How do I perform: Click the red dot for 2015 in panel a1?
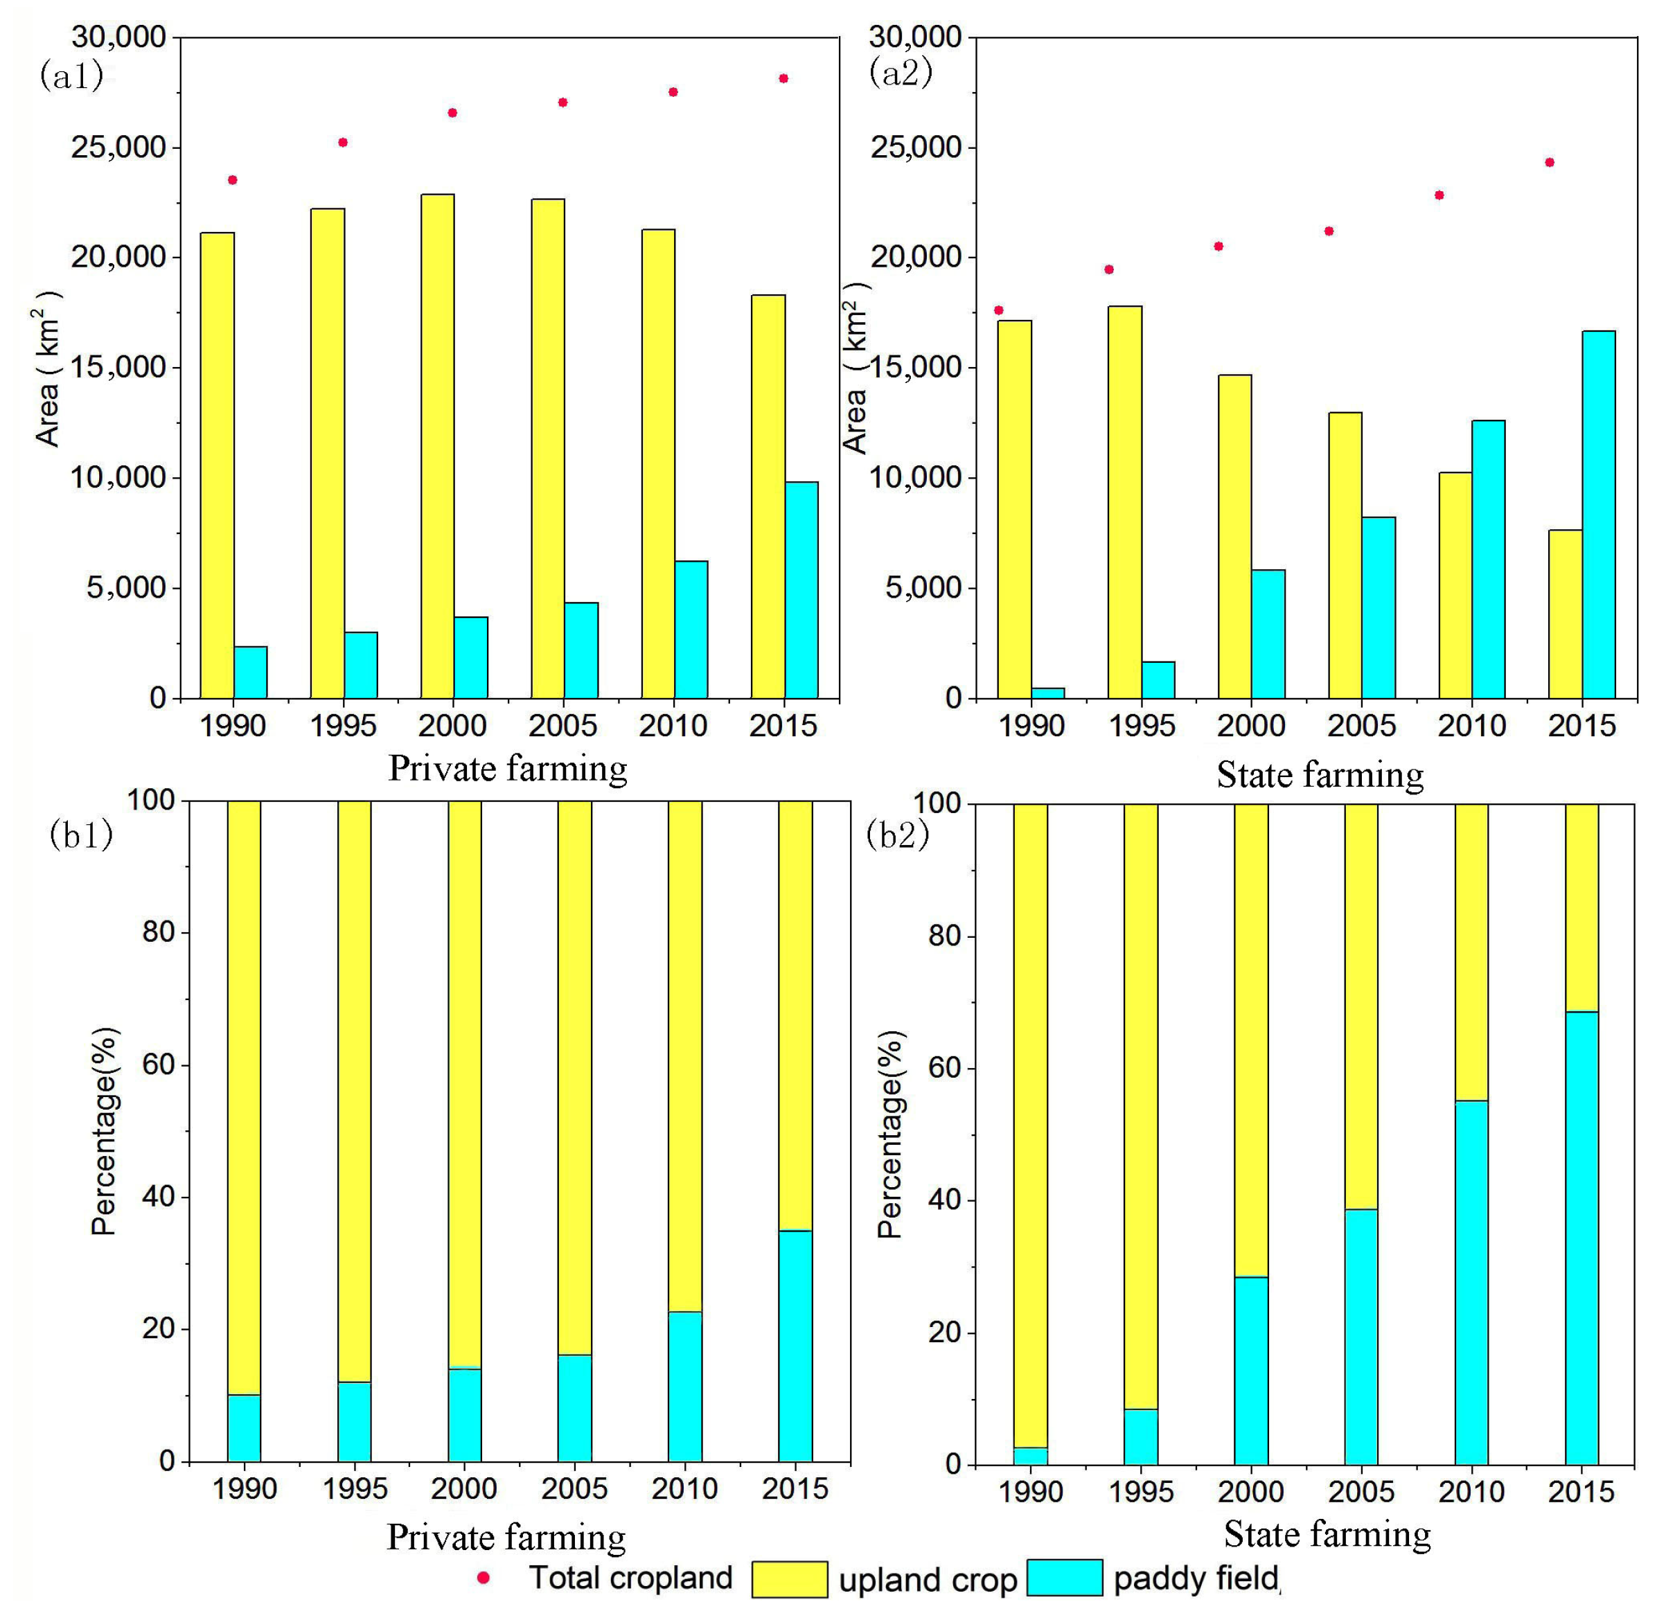click(783, 79)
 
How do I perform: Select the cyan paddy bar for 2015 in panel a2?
click(1598, 514)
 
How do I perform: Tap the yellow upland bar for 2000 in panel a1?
click(437, 446)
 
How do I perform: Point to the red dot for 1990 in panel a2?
click(999, 310)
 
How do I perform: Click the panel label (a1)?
click(71, 76)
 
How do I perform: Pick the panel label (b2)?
click(898, 835)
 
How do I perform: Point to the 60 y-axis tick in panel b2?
click(944, 1068)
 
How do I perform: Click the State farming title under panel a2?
click(1320, 775)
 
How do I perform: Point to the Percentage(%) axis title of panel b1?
click(104, 1130)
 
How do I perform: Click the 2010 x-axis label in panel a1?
click(673, 726)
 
